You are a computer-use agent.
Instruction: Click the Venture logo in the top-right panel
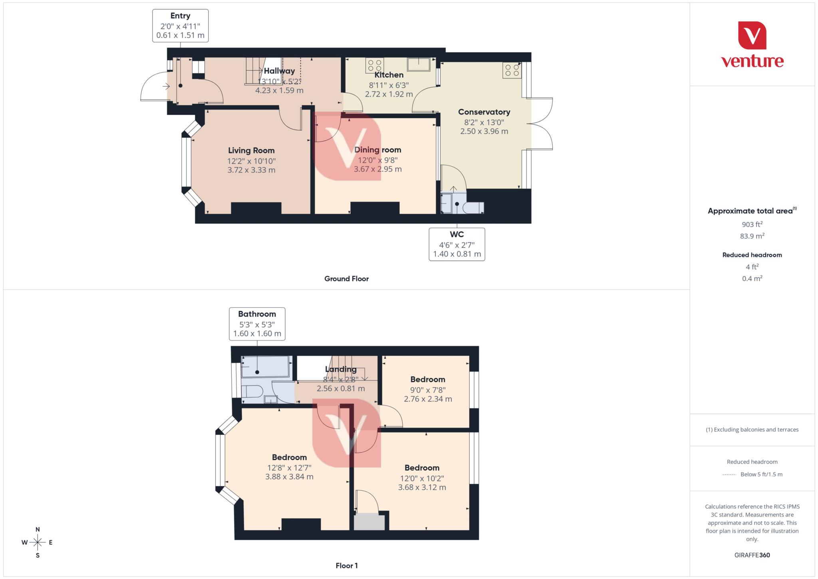(752, 45)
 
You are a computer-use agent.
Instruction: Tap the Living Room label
(251, 151)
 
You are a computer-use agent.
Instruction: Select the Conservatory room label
(484, 112)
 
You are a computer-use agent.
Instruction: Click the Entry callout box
(180, 26)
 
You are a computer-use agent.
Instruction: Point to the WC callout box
(457, 244)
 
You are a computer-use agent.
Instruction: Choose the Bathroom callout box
(257, 324)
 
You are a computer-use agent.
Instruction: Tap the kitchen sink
(418, 64)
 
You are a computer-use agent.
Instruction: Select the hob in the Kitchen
(374, 65)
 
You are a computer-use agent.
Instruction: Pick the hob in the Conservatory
(512, 70)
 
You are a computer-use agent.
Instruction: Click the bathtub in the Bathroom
(265, 367)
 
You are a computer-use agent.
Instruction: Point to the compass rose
(38, 542)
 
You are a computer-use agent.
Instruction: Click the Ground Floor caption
(346, 279)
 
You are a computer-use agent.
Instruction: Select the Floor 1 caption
(346, 565)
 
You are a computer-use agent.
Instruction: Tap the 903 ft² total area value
(752, 225)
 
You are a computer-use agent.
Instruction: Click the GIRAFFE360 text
(752, 555)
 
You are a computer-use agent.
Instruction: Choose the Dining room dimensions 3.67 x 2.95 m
(377, 169)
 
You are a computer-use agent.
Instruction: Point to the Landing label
(340, 369)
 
